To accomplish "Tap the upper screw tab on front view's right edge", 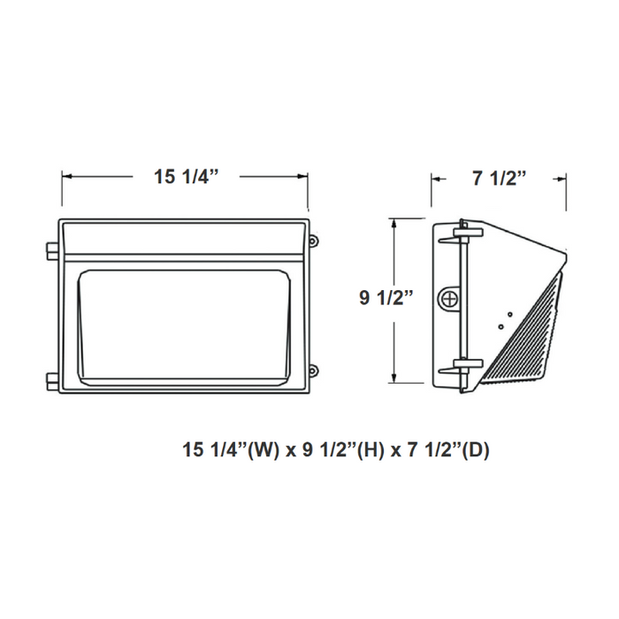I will click(x=312, y=239).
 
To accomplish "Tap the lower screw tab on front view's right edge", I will click(x=312, y=371).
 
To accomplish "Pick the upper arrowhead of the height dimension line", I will click(x=394, y=225).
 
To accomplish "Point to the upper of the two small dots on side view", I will click(x=509, y=312).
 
